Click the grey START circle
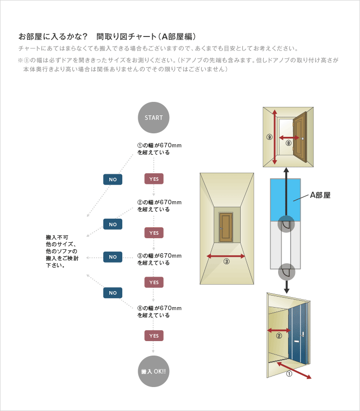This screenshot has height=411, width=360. pos(154,118)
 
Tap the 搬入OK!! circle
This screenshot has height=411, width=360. pos(154,372)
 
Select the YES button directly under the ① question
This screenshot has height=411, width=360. pos(154,179)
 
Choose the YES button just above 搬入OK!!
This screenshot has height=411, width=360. pos(154,336)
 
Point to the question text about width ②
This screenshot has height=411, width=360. pos(160,206)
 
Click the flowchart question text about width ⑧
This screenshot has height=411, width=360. pos(160,312)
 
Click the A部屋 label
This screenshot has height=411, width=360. pos(320,195)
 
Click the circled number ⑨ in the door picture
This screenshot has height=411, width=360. pos(270,137)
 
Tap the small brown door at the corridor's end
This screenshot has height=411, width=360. pos(226,228)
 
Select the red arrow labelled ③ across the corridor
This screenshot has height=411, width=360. pos(226,256)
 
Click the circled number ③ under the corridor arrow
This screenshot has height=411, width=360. pos(226,262)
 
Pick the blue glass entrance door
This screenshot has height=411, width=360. pos(298,336)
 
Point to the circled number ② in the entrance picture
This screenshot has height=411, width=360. pos(279,336)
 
